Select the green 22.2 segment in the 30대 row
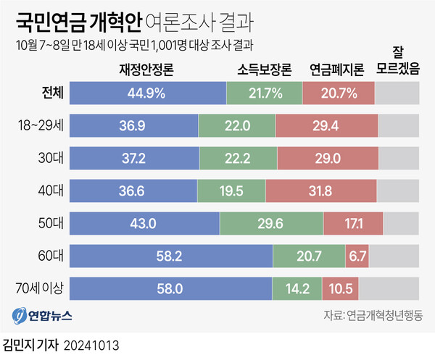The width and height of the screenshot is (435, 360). [x=238, y=158]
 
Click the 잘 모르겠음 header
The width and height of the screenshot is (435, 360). [x=399, y=64]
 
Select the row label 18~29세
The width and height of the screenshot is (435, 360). [x=41, y=125]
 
